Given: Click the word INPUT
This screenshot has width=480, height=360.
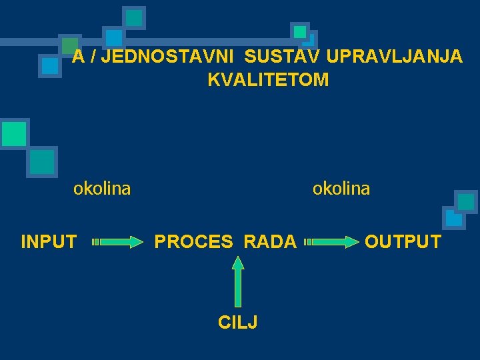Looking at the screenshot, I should (x=49, y=241).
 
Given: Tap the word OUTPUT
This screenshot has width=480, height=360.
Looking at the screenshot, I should (x=403, y=241).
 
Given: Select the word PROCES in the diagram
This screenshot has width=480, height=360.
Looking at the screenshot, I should (x=194, y=241).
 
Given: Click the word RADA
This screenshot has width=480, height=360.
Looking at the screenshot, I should (x=270, y=241).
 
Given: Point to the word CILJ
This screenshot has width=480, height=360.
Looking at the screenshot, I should (x=238, y=323).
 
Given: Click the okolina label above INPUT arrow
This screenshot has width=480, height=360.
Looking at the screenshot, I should (x=102, y=189).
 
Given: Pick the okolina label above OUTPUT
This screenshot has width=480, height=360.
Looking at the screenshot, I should (x=341, y=189).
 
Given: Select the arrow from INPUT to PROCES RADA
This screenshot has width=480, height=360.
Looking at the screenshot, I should (x=117, y=242).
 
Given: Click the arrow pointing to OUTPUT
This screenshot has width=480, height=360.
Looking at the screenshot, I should (x=331, y=242).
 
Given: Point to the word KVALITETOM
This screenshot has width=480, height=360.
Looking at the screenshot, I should (x=268, y=80).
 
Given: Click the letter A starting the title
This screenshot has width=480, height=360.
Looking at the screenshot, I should (x=78, y=57).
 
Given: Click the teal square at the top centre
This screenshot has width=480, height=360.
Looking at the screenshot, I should (x=134, y=18).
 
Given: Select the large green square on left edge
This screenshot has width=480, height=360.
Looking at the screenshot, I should (x=14, y=133).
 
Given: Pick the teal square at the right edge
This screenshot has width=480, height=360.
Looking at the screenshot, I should (x=465, y=201).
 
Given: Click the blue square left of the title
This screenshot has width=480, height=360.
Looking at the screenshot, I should (x=49, y=65).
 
